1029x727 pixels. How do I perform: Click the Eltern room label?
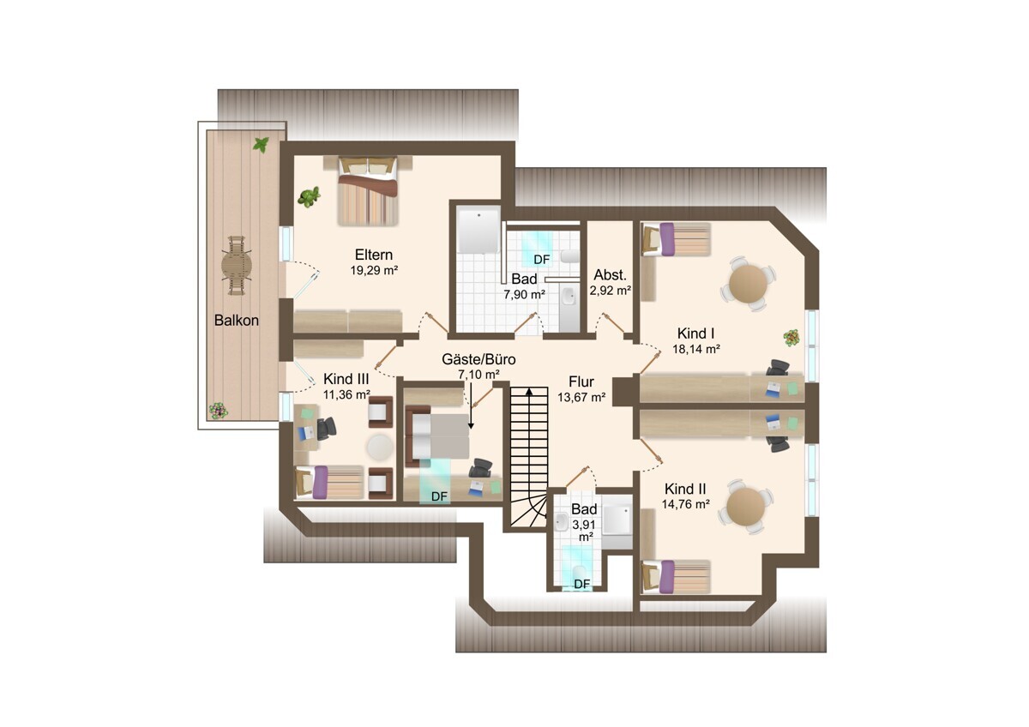click(x=374, y=255)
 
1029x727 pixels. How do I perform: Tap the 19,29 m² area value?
click(x=374, y=270)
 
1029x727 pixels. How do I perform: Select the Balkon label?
click(x=236, y=320)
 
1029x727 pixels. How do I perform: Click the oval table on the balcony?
click(x=237, y=265)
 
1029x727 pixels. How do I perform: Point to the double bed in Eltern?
click(x=368, y=190)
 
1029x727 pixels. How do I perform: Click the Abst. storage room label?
click(x=610, y=275)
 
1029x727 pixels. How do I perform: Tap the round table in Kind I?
click(x=748, y=284)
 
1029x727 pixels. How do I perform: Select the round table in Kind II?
click(x=747, y=506)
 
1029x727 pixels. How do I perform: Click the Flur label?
click(x=581, y=382)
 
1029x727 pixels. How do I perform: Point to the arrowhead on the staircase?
click(x=529, y=391)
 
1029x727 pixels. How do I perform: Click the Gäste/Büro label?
click(x=478, y=359)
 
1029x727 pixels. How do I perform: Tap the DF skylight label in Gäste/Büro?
click(x=439, y=496)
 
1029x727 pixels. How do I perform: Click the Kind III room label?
click(x=346, y=379)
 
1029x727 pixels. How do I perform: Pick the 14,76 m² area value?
click(x=685, y=504)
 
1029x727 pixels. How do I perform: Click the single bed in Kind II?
click(x=676, y=576)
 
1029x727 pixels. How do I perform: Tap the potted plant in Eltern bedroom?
click(x=309, y=196)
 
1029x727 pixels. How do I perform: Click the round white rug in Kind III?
click(x=380, y=448)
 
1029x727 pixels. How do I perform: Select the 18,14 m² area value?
click(x=696, y=349)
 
